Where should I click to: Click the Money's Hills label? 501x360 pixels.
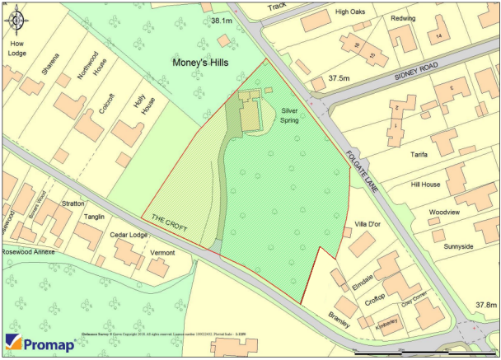coord(200,63)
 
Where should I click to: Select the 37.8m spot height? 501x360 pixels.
coord(487,306)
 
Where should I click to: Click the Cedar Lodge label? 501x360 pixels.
coord(129,235)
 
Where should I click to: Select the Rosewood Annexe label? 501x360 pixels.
coord(28,252)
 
